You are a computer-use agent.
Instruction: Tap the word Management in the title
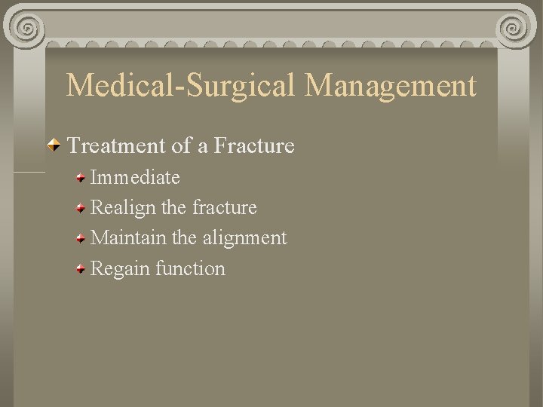(391, 86)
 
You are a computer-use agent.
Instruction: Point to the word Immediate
(135, 178)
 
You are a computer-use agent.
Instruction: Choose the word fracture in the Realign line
(225, 207)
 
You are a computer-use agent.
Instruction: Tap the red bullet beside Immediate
(80, 179)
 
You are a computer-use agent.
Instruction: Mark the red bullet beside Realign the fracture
(80, 208)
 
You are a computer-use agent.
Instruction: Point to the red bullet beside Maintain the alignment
(80, 238)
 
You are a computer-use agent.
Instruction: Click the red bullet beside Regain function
(80, 268)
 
